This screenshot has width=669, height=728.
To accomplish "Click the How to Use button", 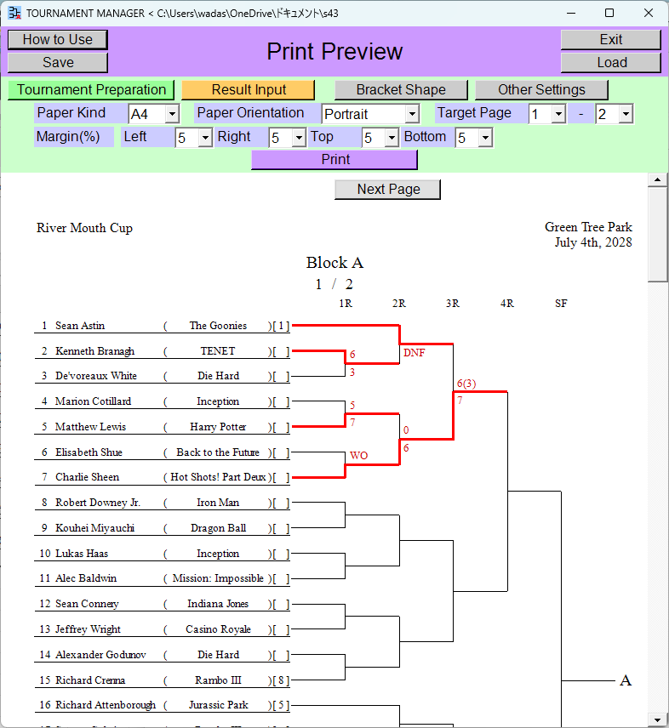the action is [58, 40].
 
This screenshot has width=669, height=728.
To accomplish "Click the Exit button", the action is [610, 40].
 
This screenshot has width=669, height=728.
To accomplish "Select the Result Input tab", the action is [248, 89].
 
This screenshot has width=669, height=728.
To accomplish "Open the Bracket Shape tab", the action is [401, 89].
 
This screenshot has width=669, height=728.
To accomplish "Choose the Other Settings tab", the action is [541, 89].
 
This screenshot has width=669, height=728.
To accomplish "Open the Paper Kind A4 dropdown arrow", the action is [172, 114].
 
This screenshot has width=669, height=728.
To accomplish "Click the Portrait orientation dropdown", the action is [370, 114].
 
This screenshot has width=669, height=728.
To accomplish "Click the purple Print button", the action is [334, 160].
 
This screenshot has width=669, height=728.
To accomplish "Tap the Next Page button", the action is [388, 190].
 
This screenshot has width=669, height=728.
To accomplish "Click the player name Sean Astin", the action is [80, 326].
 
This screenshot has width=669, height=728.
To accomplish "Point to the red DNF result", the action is [414, 353].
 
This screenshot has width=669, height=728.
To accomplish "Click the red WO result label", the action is [358, 456].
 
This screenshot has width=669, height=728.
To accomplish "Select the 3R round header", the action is [453, 304].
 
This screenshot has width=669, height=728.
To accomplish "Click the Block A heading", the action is [334, 263].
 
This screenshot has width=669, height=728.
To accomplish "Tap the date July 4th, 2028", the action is [593, 242].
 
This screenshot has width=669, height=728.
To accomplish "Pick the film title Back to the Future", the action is [218, 452].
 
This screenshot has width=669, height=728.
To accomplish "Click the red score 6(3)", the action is [466, 384].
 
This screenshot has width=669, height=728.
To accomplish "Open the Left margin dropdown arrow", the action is [205, 138].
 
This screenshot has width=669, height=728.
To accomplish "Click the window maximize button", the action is [609, 13].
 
